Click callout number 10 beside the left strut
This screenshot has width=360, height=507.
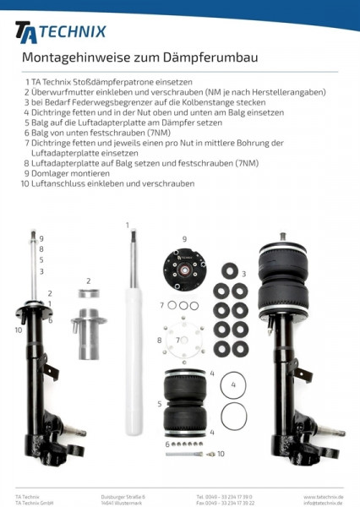click(19, 330)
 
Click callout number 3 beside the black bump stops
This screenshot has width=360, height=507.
click(244, 275)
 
